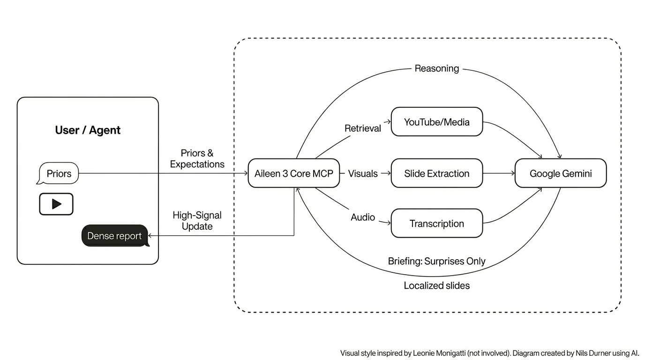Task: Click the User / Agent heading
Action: (88, 130)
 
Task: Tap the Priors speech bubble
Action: (59, 173)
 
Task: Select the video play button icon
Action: (56, 204)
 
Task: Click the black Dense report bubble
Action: (114, 236)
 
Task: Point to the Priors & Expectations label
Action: (197, 158)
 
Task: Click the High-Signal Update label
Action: (197, 220)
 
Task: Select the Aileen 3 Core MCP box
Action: (293, 173)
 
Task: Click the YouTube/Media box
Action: (436, 122)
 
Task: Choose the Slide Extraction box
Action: (436, 173)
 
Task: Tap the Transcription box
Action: (436, 224)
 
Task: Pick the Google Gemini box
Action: (560, 173)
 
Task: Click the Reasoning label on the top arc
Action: (436, 68)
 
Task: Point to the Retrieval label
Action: (362, 128)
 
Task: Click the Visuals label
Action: (362, 173)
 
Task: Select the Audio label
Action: (363, 217)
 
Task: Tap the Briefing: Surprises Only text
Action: (436, 261)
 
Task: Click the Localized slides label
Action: (436, 285)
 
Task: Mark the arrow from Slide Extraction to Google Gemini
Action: (499, 173)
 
